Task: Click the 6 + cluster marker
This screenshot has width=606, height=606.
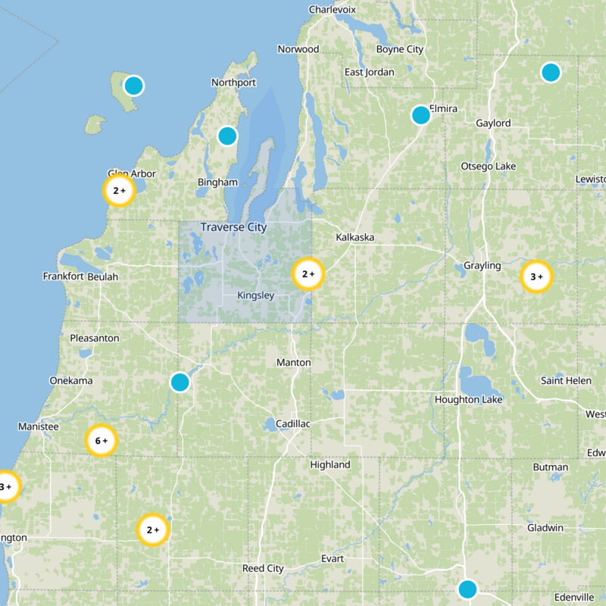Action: (x=101, y=440)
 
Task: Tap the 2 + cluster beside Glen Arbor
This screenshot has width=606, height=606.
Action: (x=119, y=191)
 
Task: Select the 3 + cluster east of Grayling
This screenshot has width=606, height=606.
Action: (x=537, y=277)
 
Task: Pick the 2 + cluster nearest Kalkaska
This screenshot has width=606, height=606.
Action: (x=308, y=274)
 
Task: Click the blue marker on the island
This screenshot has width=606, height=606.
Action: (x=133, y=86)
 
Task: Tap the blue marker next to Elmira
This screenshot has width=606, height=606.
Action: (x=421, y=115)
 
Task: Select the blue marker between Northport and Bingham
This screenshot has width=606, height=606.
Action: (x=227, y=136)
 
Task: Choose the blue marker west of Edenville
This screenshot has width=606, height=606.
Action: (x=467, y=589)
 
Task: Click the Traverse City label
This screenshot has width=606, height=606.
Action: (x=233, y=227)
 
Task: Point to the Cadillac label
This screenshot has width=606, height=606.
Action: (x=293, y=424)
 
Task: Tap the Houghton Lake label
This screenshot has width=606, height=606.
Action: (x=467, y=399)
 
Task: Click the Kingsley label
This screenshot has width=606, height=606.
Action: (x=255, y=295)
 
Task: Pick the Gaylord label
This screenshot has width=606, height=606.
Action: (x=493, y=123)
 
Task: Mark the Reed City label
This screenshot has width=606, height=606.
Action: (x=263, y=568)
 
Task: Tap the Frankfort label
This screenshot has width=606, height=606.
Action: (x=63, y=276)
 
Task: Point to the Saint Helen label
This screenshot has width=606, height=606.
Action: (x=566, y=380)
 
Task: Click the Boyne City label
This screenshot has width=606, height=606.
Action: (x=400, y=49)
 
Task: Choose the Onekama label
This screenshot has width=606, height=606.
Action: (x=70, y=380)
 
